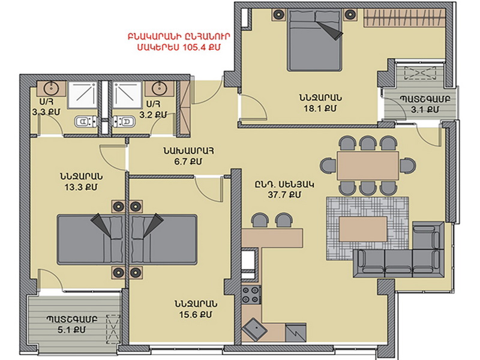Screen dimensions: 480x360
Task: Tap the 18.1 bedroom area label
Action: pos(320,109)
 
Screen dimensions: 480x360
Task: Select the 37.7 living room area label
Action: pos(284,195)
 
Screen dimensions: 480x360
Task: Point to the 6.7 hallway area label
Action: pos(188,161)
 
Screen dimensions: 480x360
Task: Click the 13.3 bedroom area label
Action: pos(81,187)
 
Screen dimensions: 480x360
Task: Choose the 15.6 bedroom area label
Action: pos(196,314)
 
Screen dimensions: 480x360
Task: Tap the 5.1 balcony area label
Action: pos(71,329)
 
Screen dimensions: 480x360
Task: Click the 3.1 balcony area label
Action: pos(425,109)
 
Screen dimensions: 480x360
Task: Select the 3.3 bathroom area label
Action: pos(46,112)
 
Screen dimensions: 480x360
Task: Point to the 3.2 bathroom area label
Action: pos(153,115)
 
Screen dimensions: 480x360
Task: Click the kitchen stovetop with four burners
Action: pos(251,295)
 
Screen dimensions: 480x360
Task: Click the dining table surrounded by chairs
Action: pos(368,166)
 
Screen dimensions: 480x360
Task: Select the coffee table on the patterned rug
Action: pos(364,229)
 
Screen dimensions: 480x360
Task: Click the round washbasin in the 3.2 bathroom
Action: pos(159,88)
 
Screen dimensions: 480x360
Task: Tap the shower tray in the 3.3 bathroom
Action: pos(82,95)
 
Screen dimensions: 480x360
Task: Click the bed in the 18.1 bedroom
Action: pos(314,40)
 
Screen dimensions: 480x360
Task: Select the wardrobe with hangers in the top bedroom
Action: pos(404,18)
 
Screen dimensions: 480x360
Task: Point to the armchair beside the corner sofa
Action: pos(428,235)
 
